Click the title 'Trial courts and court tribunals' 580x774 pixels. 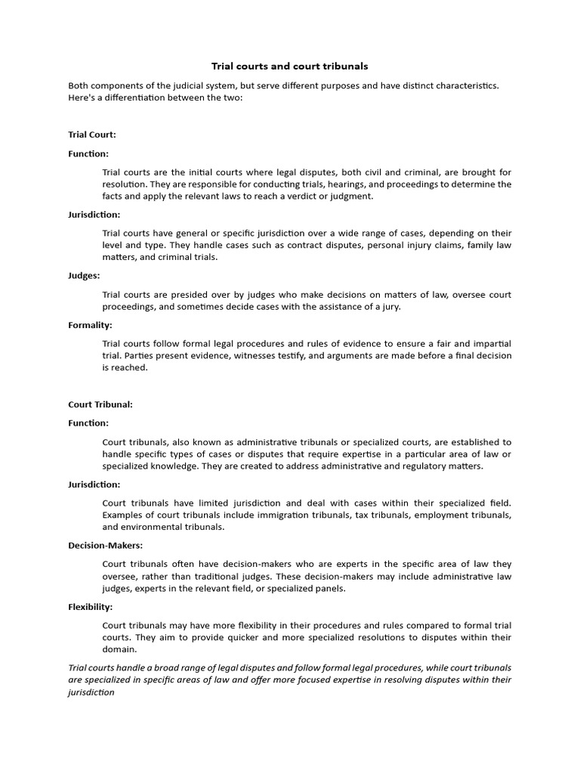pos(289,67)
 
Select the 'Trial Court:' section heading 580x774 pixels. pos(92,135)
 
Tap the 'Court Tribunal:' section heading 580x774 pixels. pos(100,404)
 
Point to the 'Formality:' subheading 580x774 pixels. pos(90,325)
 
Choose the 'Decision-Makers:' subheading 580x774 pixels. pos(105,545)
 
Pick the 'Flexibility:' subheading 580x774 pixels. pos(91,607)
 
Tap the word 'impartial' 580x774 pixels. pos(492,344)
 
